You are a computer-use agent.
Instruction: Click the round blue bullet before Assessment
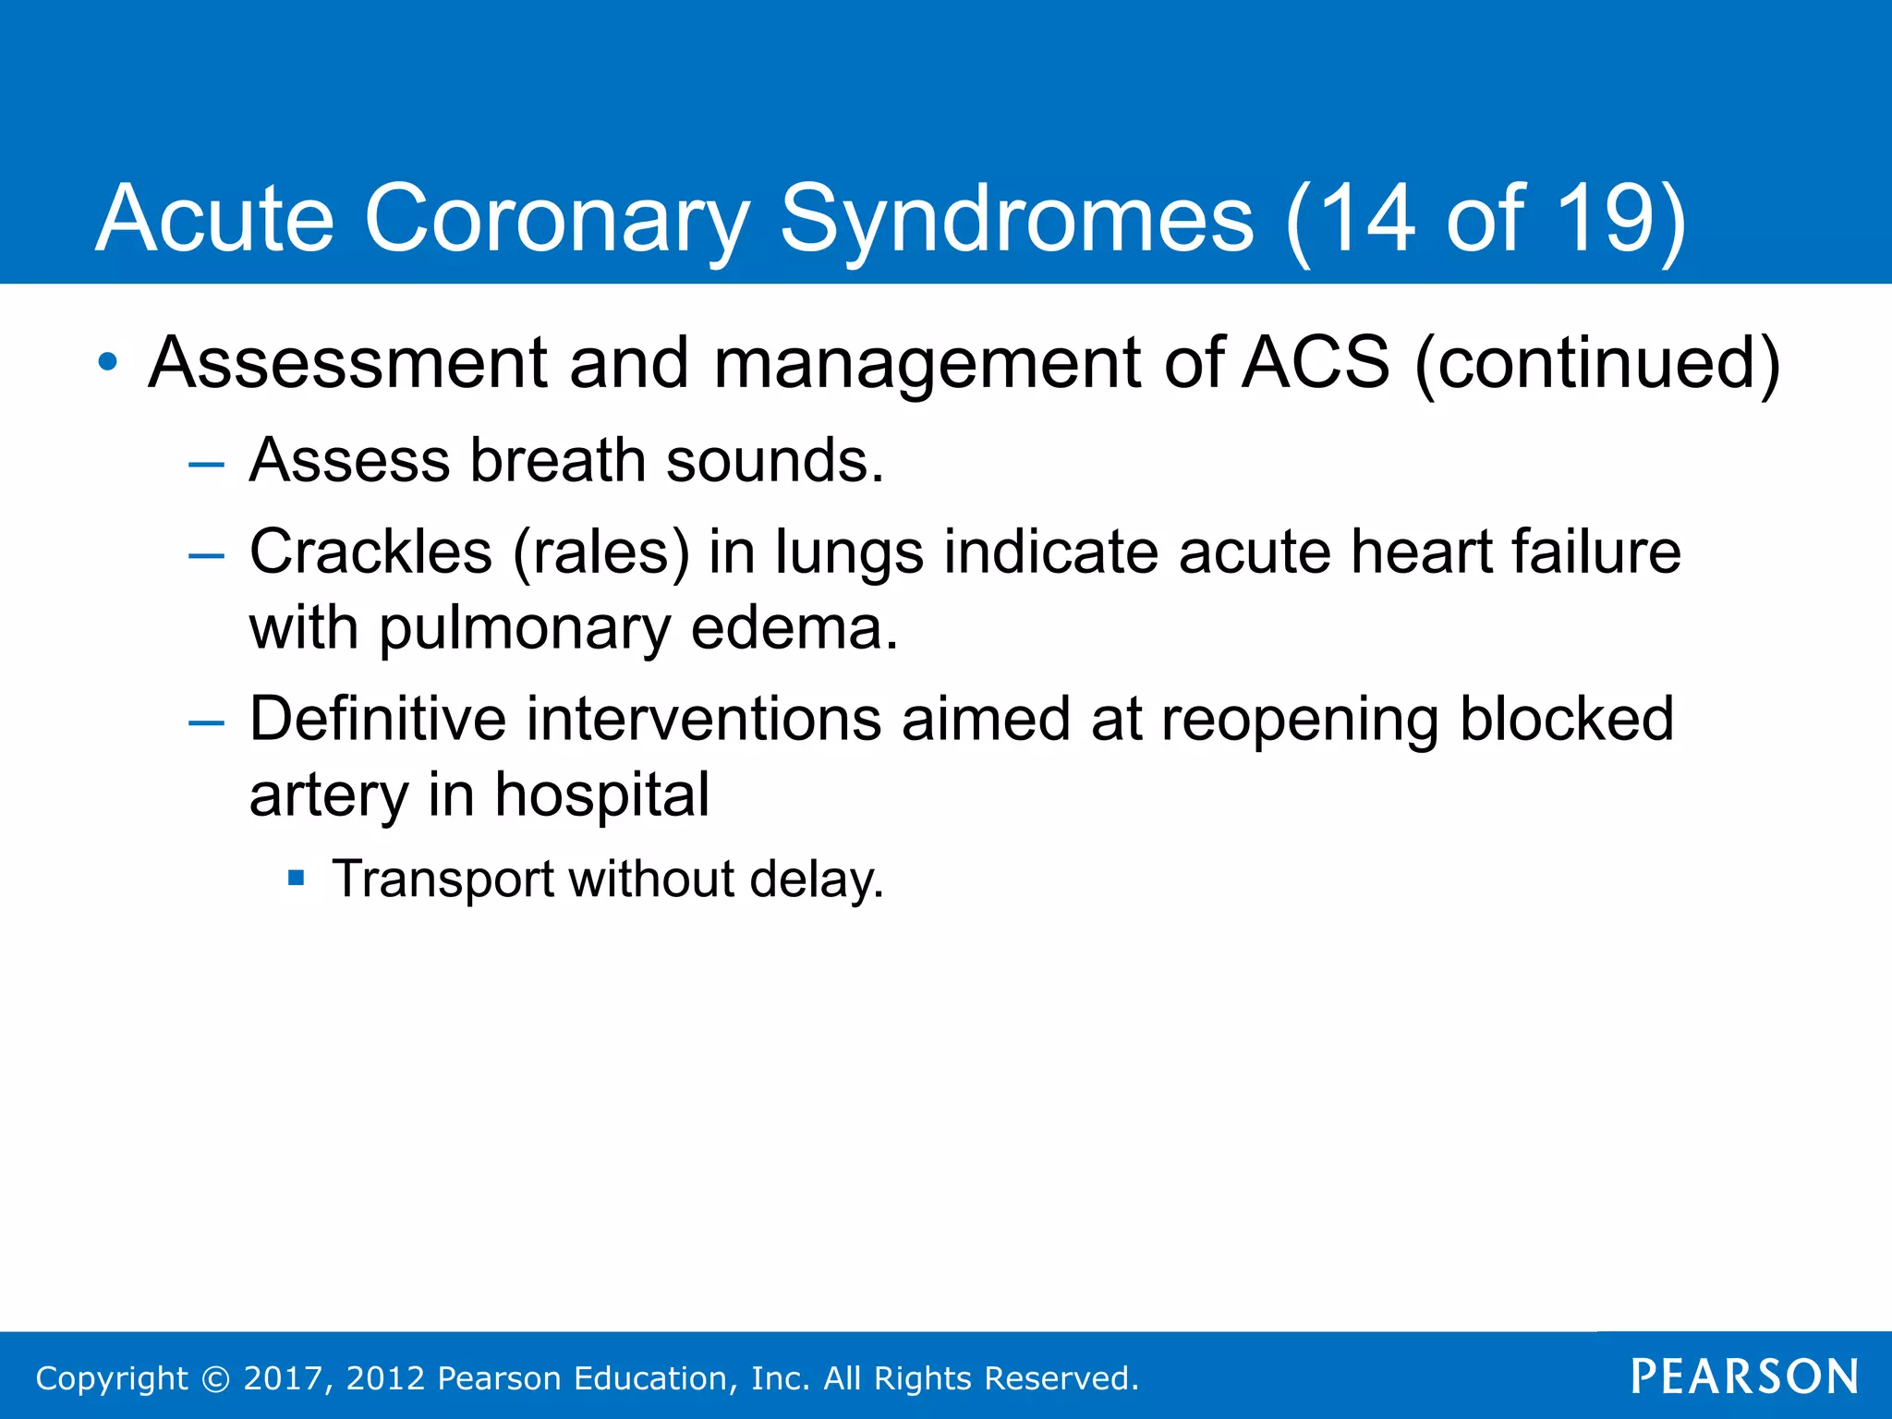[109, 362]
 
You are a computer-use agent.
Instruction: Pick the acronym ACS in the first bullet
[1316, 362]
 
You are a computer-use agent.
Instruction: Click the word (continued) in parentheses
[1596, 362]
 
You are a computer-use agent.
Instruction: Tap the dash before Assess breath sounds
[206, 464]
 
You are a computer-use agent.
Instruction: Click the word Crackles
[370, 552]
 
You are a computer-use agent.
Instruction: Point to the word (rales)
[600, 552]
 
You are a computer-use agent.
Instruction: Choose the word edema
[793, 628]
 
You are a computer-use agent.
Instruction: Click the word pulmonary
[525, 628]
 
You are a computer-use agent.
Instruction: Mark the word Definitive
[378, 719]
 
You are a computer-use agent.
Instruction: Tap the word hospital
[601, 794]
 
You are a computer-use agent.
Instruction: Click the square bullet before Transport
[296, 878]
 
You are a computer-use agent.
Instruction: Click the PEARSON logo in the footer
[1744, 1377]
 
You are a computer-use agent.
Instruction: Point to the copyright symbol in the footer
[215, 1378]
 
